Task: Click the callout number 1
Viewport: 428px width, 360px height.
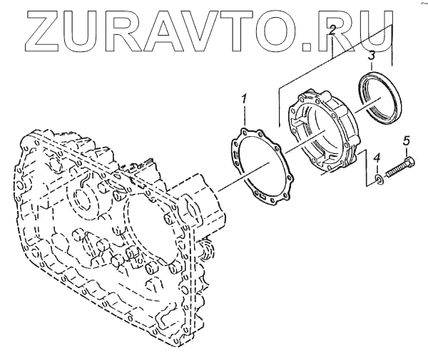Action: coord(245,98)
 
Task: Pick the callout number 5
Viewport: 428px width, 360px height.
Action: coord(407,140)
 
